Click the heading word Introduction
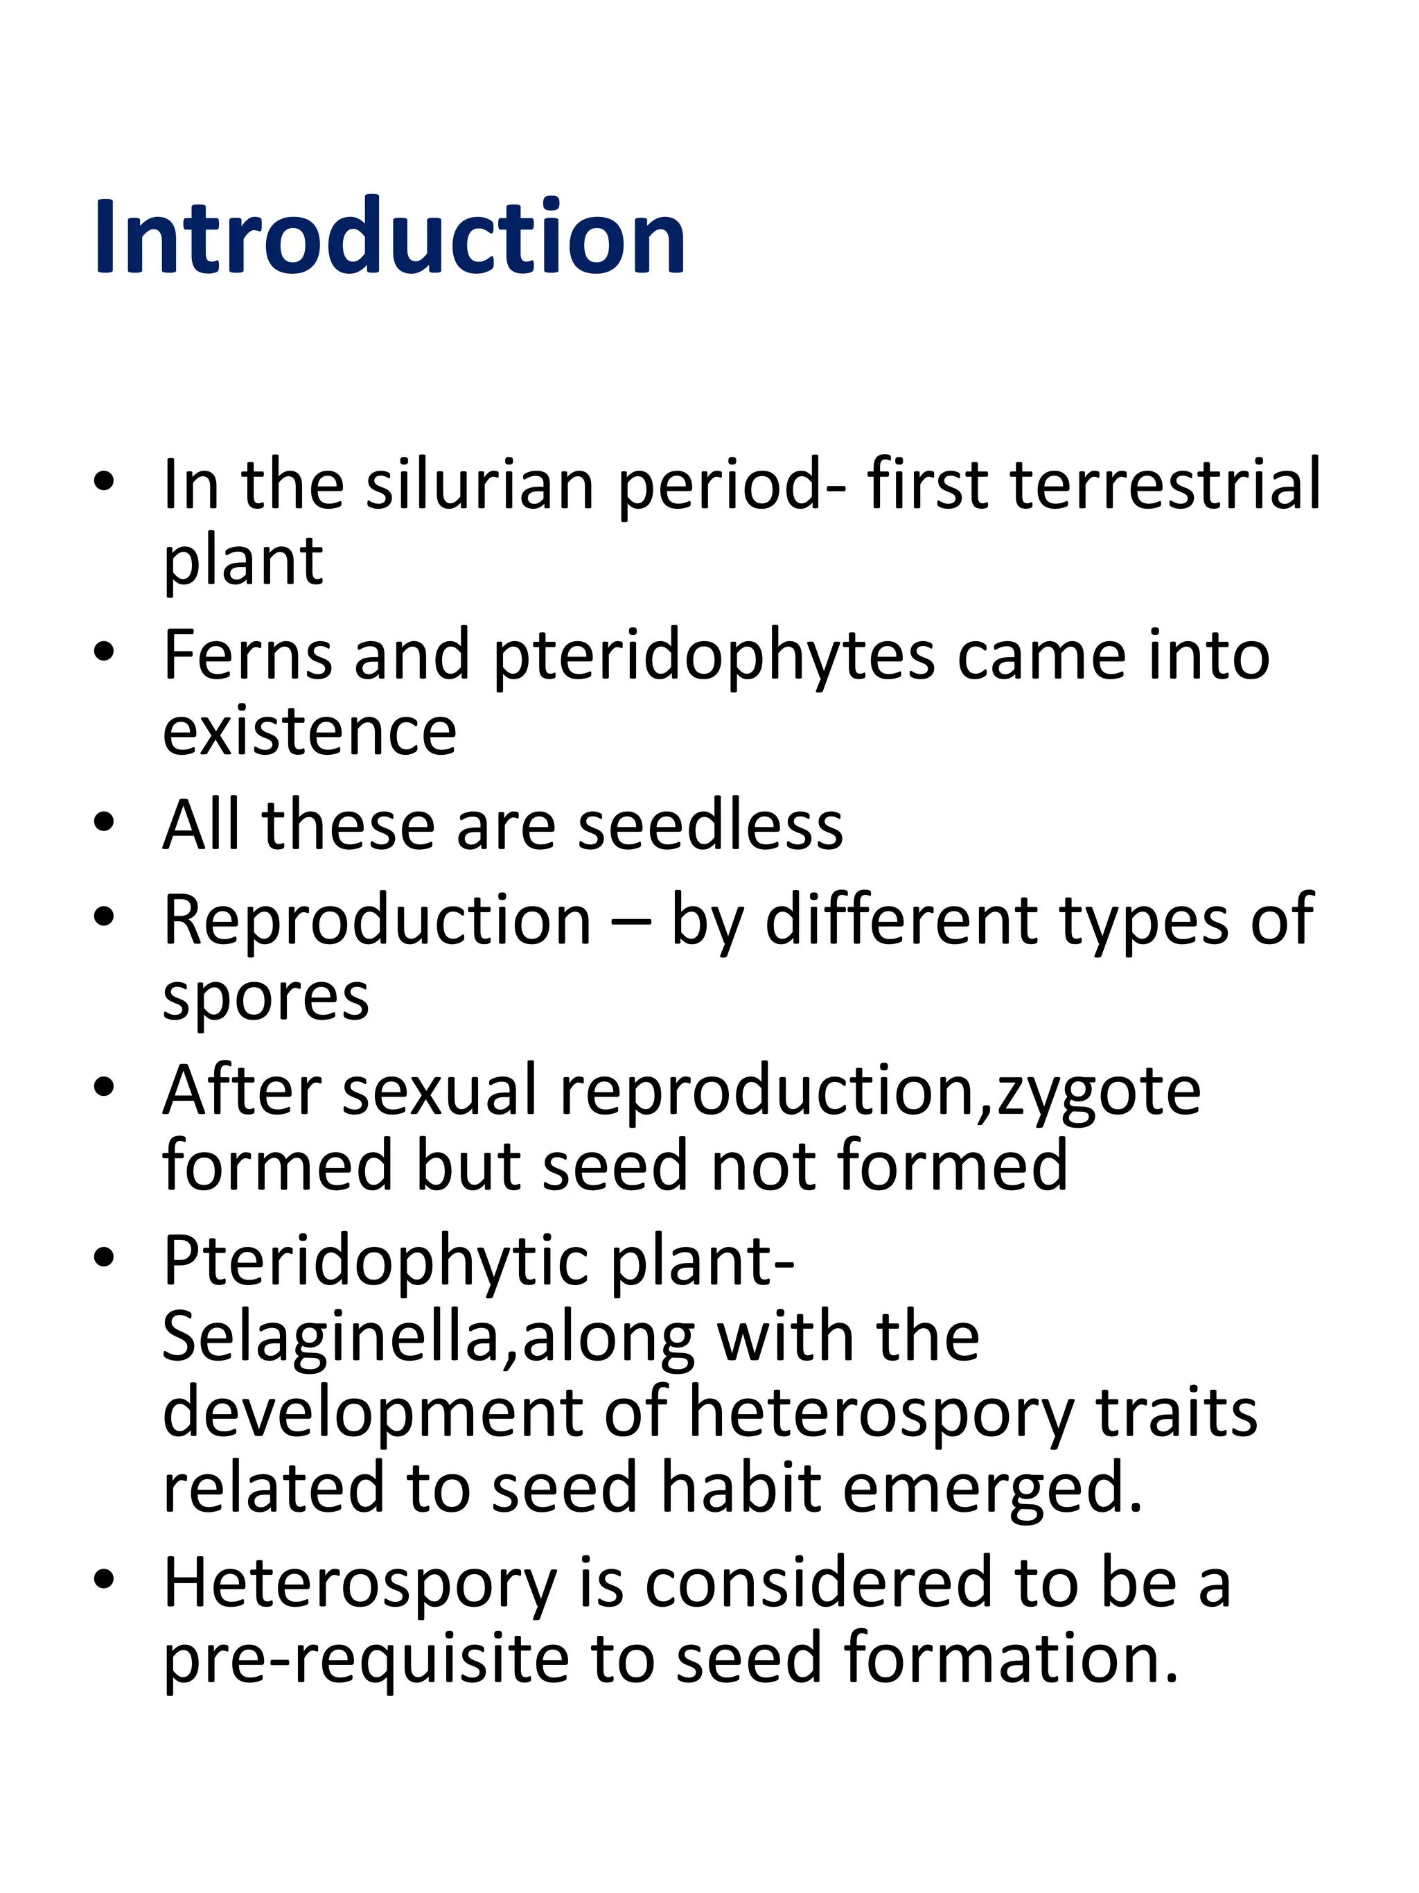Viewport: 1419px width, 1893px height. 389,237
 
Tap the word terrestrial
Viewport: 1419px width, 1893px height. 1166,485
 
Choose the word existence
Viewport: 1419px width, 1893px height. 310,733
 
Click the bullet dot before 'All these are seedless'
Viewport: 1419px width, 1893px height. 105,823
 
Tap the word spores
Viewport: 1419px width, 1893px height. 266,999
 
